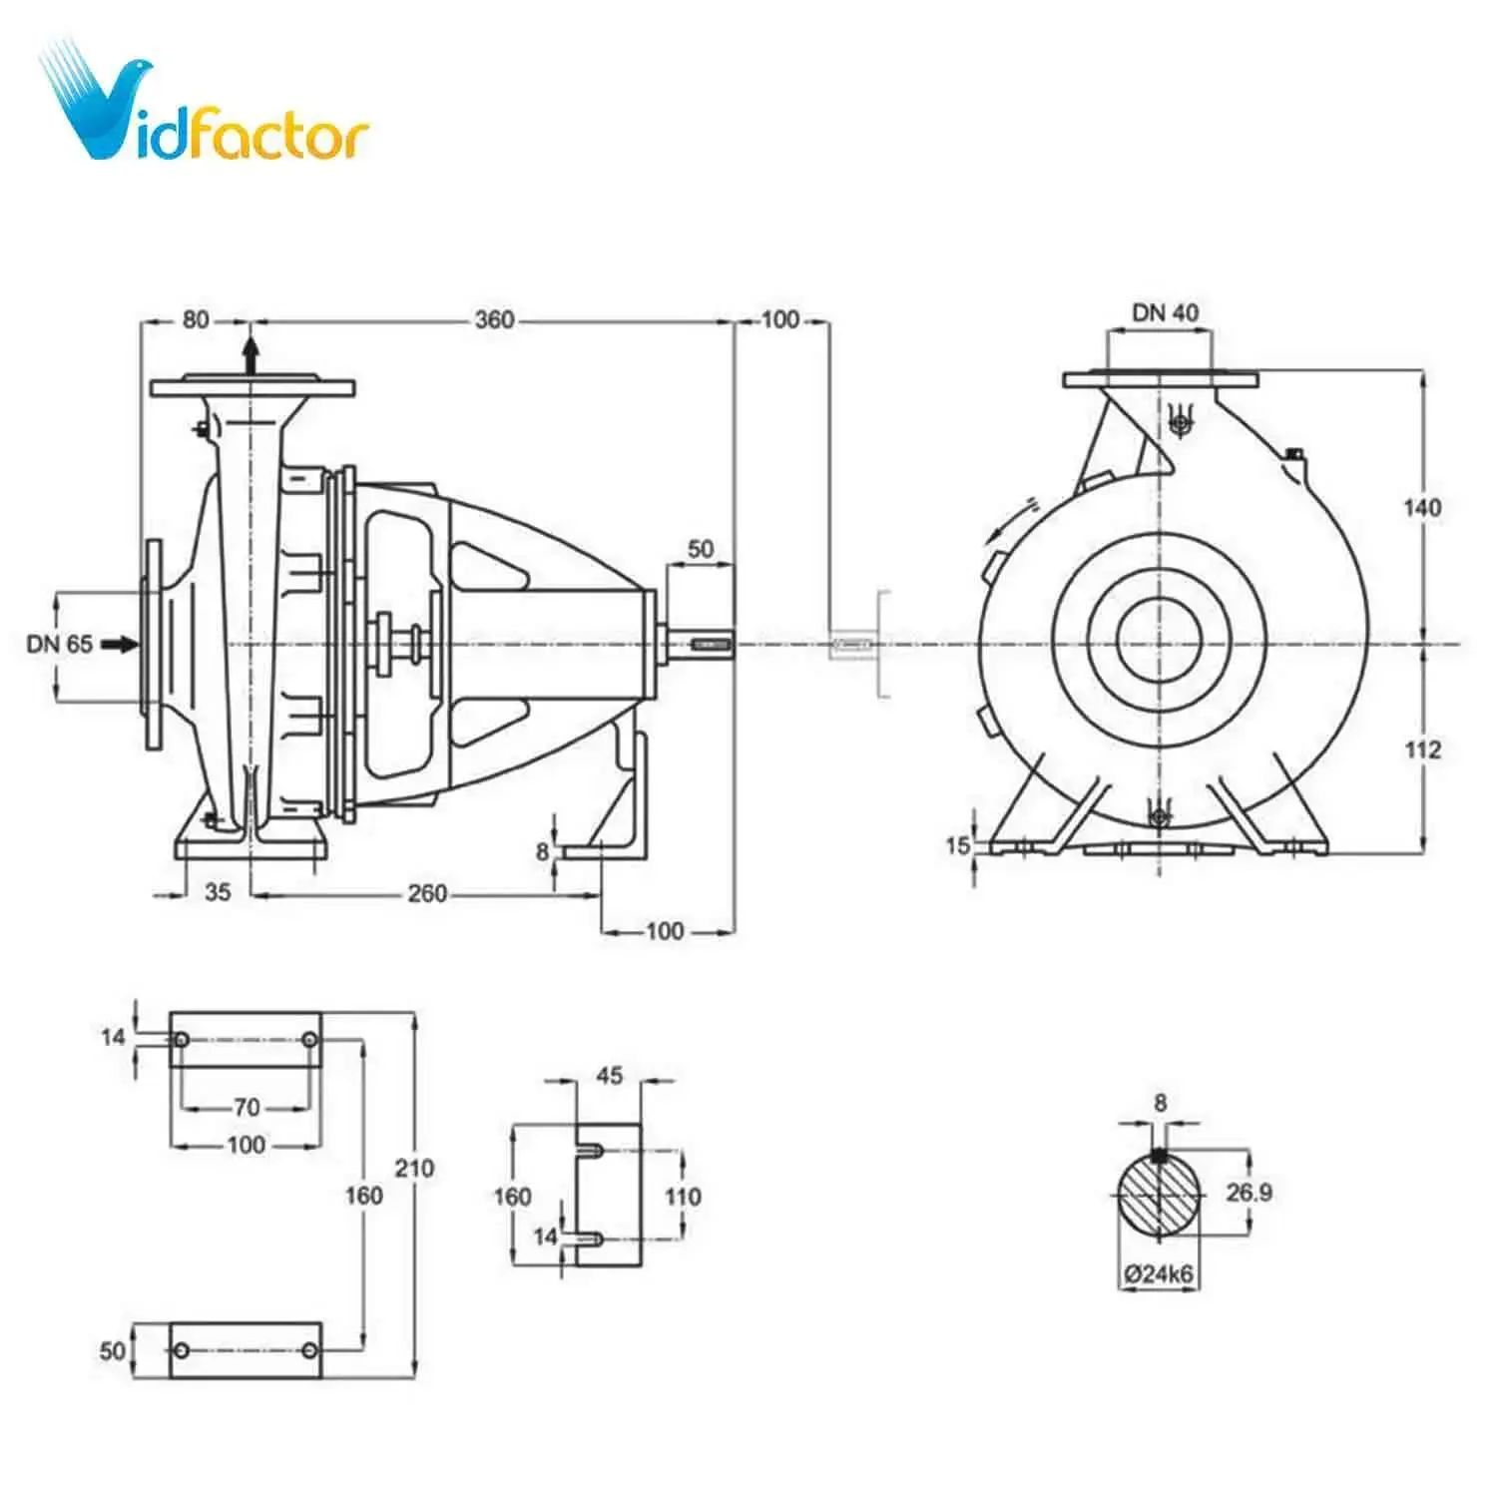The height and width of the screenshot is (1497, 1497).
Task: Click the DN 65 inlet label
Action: (x=60, y=644)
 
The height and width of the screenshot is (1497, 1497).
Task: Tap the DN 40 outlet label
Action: (x=1165, y=312)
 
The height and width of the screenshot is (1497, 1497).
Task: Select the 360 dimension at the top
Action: (x=494, y=320)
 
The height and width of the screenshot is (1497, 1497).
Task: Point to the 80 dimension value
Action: (x=196, y=319)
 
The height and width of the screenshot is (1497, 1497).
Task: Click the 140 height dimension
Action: (x=1422, y=507)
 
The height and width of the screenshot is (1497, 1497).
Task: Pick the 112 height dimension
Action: (x=1422, y=748)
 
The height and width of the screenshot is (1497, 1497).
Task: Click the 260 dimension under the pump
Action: (x=427, y=893)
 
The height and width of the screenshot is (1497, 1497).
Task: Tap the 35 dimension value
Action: (x=218, y=892)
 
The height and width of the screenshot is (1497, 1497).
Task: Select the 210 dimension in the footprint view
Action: (x=414, y=1167)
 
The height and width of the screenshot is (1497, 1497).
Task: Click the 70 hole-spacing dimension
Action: (x=247, y=1107)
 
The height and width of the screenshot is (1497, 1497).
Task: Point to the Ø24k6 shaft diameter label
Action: (x=1159, y=1274)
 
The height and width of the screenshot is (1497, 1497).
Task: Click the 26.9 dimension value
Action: (x=1248, y=1192)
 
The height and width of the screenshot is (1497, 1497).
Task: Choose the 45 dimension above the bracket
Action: (x=609, y=1076)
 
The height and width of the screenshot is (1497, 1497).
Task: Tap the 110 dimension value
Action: (x=683, y=1196)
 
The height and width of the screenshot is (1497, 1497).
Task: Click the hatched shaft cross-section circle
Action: (x=1159, y=1196)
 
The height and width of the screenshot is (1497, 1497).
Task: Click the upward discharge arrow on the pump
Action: (x=250, y=354)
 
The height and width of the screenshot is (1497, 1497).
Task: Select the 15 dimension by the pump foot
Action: (x=958, y=845)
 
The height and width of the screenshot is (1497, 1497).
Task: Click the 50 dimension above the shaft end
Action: (x=701, y=549)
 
